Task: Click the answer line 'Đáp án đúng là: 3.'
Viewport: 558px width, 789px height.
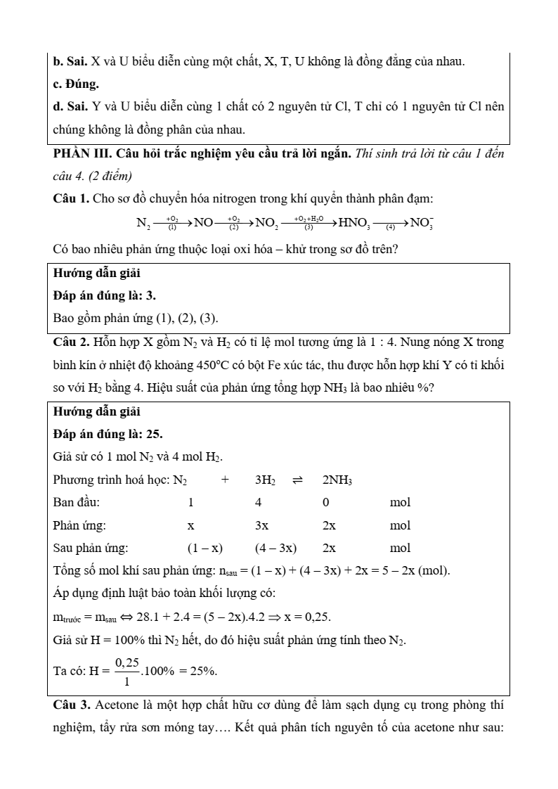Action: tap(105, 295)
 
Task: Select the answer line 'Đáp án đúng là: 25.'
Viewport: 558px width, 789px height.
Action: tap(108, 434)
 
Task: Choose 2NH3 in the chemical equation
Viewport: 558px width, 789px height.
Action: tap(337, 480)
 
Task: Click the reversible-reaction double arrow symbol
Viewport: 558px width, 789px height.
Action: tap(297, 480)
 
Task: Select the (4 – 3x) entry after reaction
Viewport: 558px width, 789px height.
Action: tap(275, 548)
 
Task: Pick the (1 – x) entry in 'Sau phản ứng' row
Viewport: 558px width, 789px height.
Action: tap(205, 548)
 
